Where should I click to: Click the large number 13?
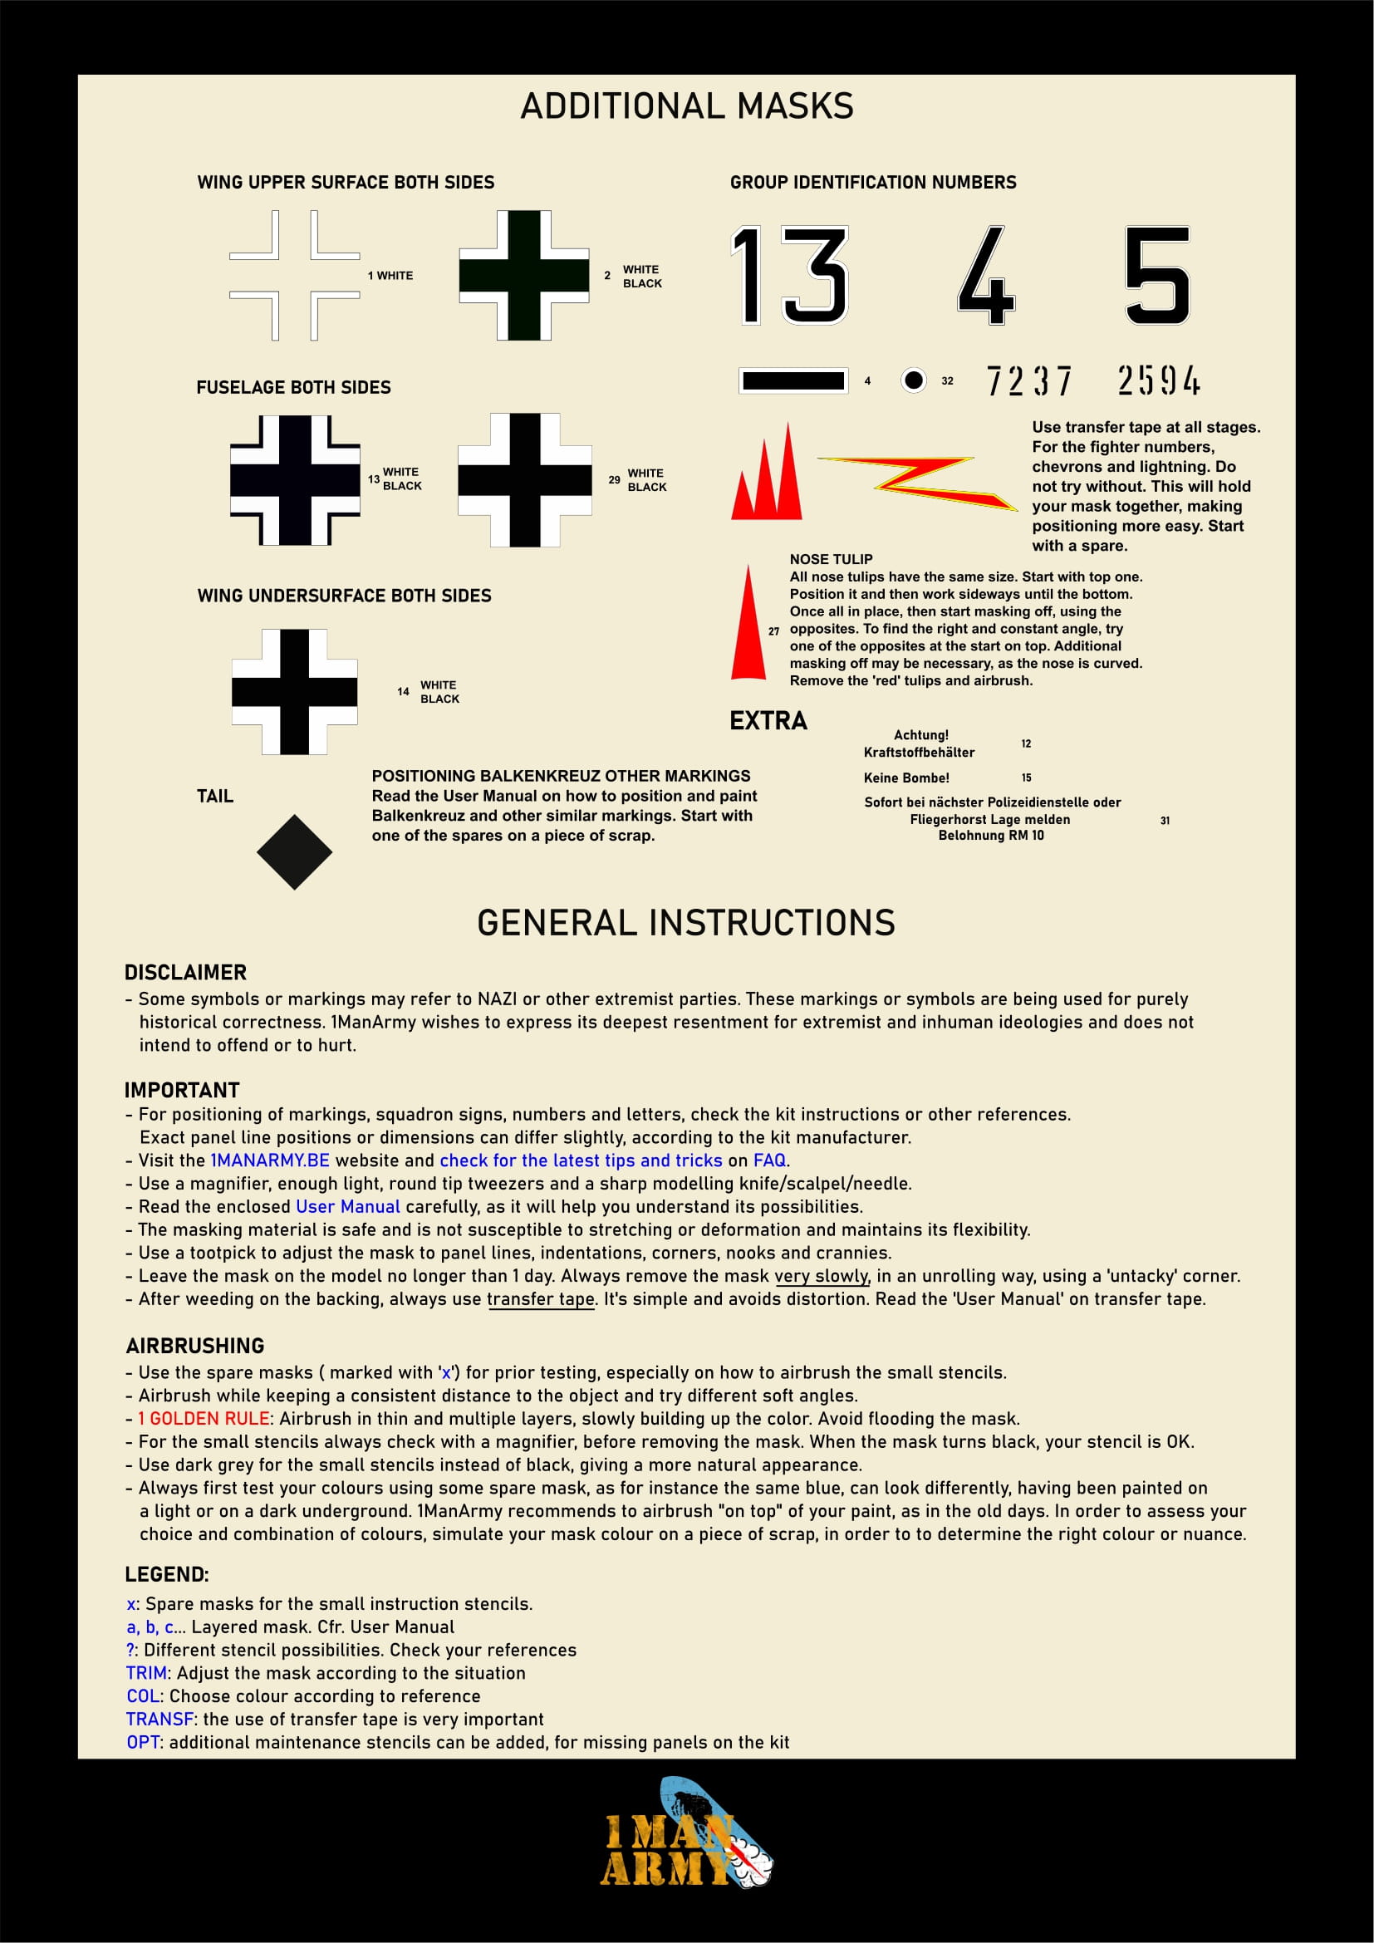(789, 275)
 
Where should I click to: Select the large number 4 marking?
(987, 276)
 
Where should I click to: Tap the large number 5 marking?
(1157, 275)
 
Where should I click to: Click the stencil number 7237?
(1028, 380)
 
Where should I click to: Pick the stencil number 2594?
(1158, 380)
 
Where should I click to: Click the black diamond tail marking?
(294, 852)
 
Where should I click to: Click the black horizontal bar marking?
(793, 380)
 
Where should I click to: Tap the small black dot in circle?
(913, 380)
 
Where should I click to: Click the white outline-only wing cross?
(294, 276)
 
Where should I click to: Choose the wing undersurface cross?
(294, 691)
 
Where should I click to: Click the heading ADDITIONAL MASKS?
(687, 106)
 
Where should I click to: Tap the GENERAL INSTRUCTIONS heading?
(686, 922)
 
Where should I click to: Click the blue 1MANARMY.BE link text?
(270, 1160)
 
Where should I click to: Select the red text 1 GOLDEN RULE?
(204, 1418)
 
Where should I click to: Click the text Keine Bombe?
(906, 778)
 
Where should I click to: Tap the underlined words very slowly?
(822, 1275)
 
